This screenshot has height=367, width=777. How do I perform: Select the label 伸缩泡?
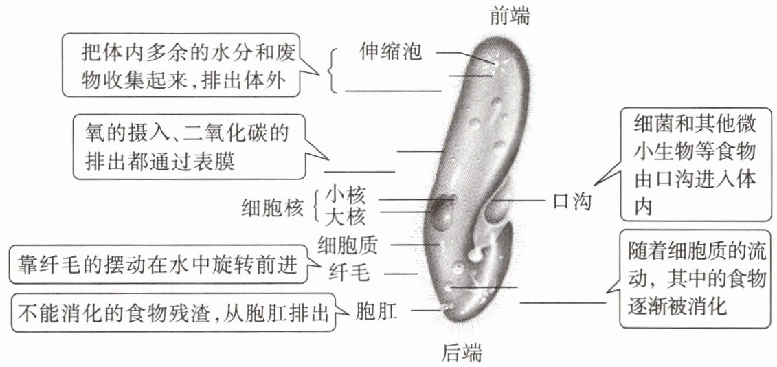390,52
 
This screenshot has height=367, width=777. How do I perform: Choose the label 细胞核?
272,206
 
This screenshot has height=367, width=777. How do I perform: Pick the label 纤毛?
350,273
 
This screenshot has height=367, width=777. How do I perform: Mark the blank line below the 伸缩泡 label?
393,90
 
